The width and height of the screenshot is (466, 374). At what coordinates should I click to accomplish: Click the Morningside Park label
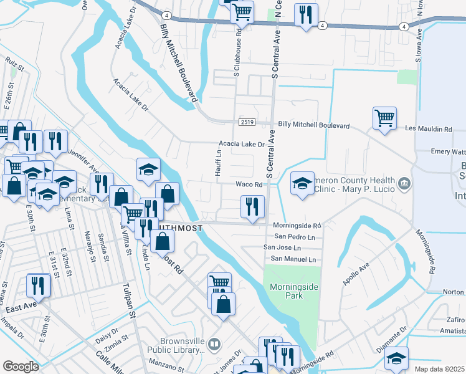click(x=287, y=291)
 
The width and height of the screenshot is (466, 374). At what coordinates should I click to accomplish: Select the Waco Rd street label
click(x=249, y=184)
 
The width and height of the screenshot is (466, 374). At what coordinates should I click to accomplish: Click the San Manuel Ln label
click(x=293, y=259)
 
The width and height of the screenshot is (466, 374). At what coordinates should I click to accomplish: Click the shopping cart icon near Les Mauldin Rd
click(x=384, y=117)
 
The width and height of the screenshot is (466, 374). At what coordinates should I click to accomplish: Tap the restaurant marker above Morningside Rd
click(x=252, y=206)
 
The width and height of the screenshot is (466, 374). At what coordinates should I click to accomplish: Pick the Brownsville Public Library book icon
click(x=214, y=343)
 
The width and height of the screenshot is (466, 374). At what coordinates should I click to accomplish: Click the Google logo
click(x=21, y=367)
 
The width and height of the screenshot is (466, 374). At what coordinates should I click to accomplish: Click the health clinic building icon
click(x=404, y=183)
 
